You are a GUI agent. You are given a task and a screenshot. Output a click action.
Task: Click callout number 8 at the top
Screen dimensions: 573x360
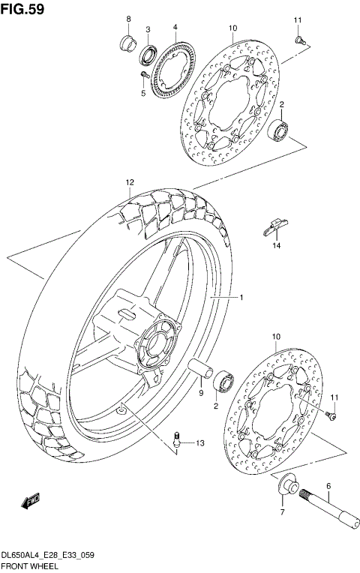coord(127,19)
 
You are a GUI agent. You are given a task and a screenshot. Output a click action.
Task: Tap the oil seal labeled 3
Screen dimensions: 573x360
coord(148,53)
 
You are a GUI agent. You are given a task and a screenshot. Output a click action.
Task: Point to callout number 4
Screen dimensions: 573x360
coord(174,27)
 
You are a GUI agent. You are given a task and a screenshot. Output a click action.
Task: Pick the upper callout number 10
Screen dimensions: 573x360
coord(232,28)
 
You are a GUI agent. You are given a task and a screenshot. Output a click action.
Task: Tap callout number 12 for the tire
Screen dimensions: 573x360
coord(130,182)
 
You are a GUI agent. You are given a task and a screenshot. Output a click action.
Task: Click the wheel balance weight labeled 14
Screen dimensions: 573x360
coord(275,226)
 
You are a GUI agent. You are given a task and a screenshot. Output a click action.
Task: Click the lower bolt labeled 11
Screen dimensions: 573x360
coord(329,411)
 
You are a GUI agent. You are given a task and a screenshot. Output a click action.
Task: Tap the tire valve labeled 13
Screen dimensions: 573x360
coord(177,439)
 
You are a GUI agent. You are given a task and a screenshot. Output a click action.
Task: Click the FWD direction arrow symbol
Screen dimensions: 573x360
coord(32,501)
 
